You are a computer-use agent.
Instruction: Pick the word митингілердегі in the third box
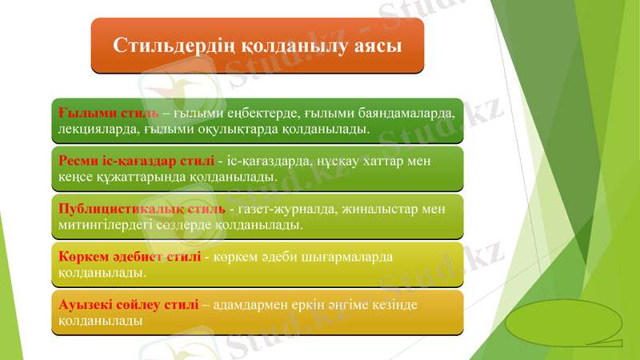pos(107,225)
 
